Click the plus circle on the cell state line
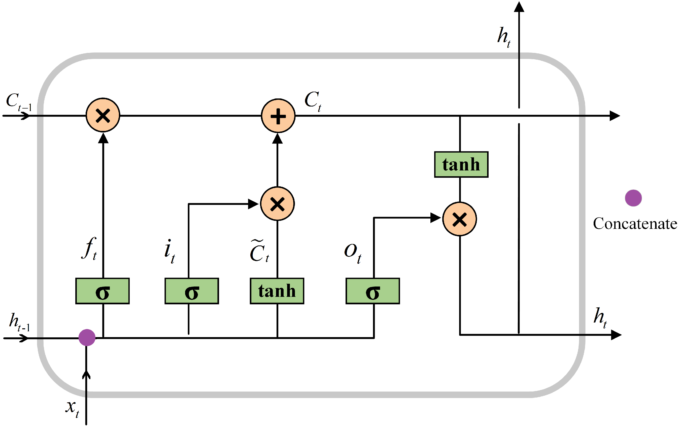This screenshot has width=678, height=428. pyautogui.click(x=278, y=116)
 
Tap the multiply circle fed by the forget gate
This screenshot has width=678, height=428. pyautogui.click(x=103, y=115)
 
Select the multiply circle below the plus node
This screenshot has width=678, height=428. pyautogui.click(x=278, y=204)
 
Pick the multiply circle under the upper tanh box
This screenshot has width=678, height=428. pyautogui.click(x=459, y=219)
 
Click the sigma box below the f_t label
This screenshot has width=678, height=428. pyautogui.click(x=103, y=291)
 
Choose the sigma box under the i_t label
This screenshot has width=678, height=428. pyautogui.click(x=192, y=291)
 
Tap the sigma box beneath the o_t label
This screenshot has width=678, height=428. pyautogui.click(x=373, y=291)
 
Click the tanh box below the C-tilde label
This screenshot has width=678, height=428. pyautogui.click(x=277, y=291)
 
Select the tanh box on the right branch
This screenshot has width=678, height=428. pyautogui.click(x=461, y=165)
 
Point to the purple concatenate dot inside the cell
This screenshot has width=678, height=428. pyautogui.click(x=87, y=337)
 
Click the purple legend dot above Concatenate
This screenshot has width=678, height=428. pyautogui.click(x=633, y=198)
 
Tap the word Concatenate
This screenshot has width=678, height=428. pyautogui.click(x=635, y=224)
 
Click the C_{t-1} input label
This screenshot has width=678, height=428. pyautogui.click(x=19, y=102)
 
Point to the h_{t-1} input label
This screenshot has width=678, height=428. pyautogui.click(x=19, y=322)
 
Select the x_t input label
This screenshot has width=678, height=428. pyautogui.click(x=72, y=409)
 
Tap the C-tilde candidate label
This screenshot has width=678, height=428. pyautogui.click(x=259, y=251)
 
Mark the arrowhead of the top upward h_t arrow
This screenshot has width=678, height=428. pyautogui.click(x=519, y=7)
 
